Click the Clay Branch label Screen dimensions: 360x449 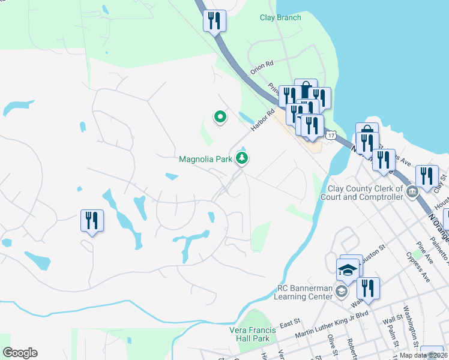coord(280,17)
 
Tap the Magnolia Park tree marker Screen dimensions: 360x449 coord(242,158)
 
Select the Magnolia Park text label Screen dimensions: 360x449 coord(206,159)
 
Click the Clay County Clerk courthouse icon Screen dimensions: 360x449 coord(412,193)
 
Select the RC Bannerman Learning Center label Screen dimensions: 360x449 coord(304,292)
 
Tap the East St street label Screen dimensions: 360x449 coord(289,323)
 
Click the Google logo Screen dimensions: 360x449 coord(20,353)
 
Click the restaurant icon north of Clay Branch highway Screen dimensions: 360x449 coord(214,22)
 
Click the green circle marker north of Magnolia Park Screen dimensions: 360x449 coord(220,117)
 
